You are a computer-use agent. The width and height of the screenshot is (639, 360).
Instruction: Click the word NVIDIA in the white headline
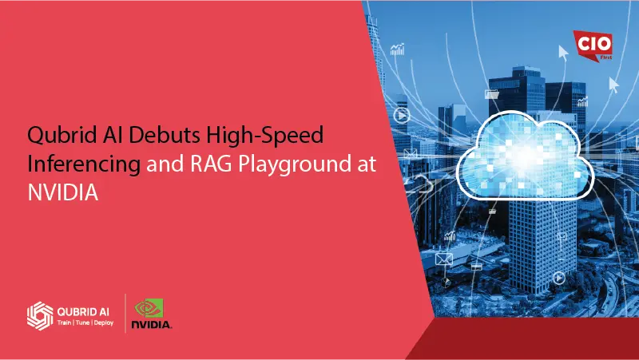[x=62, y=193]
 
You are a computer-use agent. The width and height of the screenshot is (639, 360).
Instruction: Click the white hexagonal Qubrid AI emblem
[x=40, y=315]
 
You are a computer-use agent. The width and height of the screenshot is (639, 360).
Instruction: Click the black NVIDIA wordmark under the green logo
[x=152, y=326]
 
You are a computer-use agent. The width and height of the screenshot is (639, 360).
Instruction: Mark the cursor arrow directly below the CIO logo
[x=613, y=83]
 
